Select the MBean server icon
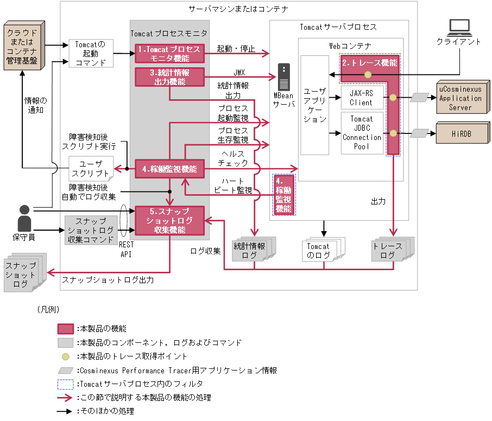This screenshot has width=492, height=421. [283, 77]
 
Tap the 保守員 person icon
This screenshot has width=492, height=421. [24, 217]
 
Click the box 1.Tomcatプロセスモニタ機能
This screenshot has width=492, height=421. [169, 53]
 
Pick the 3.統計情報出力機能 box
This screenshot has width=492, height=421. [169, 77]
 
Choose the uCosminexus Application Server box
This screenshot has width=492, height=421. [461, 98]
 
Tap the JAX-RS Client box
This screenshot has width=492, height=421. [361, 98]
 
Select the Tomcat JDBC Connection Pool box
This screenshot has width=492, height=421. [361, 133]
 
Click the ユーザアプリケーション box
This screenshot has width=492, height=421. [314, 105]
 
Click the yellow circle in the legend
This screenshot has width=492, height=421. [66, 356]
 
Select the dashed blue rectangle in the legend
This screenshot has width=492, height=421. [66, 384]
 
